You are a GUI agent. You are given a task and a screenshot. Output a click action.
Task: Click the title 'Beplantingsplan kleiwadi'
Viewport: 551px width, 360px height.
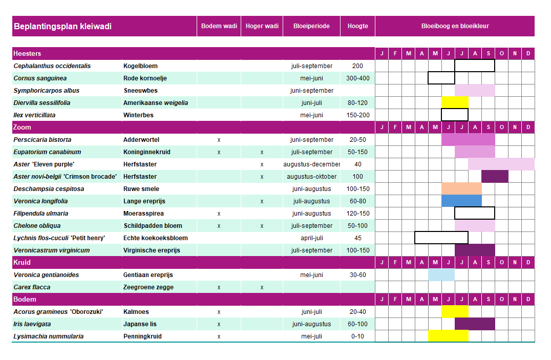(x=62, y=26)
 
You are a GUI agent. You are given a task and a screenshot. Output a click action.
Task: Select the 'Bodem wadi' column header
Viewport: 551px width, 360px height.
(x=219, y=26)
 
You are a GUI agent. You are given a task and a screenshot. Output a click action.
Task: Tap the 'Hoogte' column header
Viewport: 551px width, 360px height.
(x=358, y=26)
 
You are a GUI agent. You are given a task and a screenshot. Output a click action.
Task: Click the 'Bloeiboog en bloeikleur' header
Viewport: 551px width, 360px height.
(x=455, y=26)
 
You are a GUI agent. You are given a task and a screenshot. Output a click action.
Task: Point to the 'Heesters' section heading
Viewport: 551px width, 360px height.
(x=27, y=53)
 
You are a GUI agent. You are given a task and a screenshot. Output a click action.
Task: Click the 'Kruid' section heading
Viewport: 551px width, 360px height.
(x=22, y=262)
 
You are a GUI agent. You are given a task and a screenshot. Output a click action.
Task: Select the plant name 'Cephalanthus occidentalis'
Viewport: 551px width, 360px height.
(x=52, y=66)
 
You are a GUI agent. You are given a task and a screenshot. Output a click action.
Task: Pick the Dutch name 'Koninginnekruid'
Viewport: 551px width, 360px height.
(x=147, y=152)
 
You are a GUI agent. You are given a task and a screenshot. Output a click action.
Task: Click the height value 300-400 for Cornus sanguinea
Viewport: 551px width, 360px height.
(x=358, y=78)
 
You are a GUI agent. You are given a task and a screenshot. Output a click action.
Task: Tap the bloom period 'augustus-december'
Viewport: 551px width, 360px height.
(x=312, y=164)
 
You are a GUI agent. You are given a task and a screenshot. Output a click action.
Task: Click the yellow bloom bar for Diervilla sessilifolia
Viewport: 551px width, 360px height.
(x=455, y=102)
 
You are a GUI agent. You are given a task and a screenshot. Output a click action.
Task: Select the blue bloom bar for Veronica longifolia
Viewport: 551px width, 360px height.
(x=461, y=201)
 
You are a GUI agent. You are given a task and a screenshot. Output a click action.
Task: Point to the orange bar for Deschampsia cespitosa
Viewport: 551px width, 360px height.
(x=461, y=188)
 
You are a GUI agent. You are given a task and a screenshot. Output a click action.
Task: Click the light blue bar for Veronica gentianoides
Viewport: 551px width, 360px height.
(x=441, y=274)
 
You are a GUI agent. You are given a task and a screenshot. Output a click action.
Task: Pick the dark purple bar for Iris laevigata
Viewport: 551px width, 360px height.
(x=475, y=324)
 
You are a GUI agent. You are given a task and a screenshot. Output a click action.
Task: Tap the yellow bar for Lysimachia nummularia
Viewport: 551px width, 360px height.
(x=448, y=336)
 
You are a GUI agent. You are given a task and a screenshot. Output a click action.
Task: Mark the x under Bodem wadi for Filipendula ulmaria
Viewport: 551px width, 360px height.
(x=219, y=214)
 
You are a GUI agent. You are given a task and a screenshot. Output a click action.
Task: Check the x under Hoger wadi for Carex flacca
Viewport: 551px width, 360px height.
(x=262, y=288)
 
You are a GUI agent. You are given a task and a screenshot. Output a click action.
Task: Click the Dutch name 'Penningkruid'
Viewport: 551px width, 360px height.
(x=142, y=336)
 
